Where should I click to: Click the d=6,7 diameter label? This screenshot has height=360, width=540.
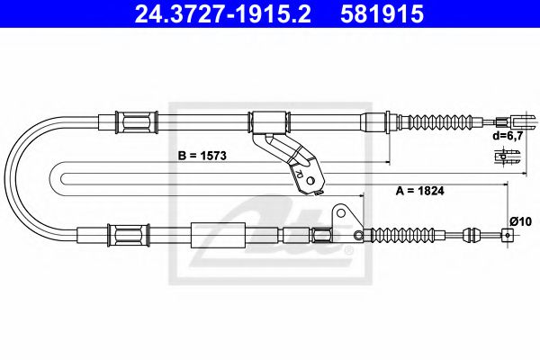coord(506,137)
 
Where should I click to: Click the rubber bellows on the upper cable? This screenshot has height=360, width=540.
coord(441,120)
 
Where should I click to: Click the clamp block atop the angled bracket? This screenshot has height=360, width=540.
coord(268,120)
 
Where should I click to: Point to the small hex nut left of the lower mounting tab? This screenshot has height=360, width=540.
coord(321,237)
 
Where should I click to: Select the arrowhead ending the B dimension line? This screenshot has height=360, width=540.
coord(385,163)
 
